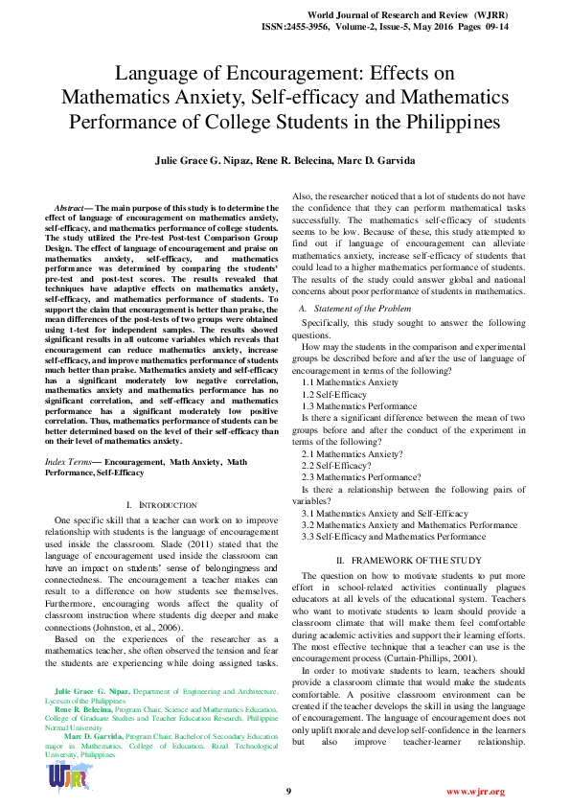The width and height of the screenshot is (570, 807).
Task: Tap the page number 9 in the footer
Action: (x=288, y=791)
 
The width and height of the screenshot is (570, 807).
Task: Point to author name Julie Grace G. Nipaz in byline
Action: (x=196, y=159)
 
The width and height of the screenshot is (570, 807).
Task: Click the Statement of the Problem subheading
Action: (x=358, y=309)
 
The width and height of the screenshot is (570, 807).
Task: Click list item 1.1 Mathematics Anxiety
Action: (x=351, y=381)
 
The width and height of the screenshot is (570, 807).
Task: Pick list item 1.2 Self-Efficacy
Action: (x=334, y=394)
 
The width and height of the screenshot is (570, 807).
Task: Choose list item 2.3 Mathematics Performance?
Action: (x=361, y=476)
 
